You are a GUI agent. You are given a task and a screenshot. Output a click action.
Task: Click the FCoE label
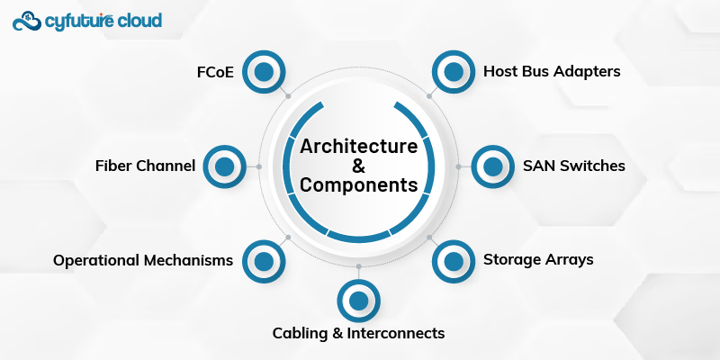pyautogui.click(x=215, y=71)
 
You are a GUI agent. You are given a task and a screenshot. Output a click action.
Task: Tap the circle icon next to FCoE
pyautogui.click(x=264, y=71)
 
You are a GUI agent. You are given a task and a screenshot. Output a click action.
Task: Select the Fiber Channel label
pyautogui.click(x=145, y=166)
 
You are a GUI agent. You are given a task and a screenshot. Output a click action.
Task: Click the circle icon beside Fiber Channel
pyautogui.click(x=224, y=166)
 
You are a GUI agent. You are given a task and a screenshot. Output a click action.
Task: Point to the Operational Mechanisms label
pyautogui.click(x=143, y=260)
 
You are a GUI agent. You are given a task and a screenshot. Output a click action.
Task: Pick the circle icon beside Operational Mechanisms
pyautogui.click(x=264, y=261)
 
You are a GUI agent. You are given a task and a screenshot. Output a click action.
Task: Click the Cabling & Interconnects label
pyautogui.click(x=358, y=333)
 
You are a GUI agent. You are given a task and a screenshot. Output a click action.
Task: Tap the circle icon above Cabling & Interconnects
pyautogui.click(x=358, y=301)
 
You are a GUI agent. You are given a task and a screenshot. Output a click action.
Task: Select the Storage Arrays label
pyautogui.click(x=538, y=260)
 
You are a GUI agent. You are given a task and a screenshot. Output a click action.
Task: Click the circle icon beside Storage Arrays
pyautogui.click(x=454, y=261)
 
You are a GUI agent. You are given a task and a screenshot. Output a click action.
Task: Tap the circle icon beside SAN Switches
pyautogui.click(x=493, y=166)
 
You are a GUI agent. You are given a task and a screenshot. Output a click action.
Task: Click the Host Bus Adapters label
pyautogui.click(x=552, y=71)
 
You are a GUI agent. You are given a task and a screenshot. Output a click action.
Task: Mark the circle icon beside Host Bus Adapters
pyautogui.click(x=454, y=71)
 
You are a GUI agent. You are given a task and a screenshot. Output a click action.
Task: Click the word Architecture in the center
pyautogui.click(x=358, y=146)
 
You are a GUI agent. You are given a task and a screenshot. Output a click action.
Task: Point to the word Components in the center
pyautogui.click(x=358, y=185)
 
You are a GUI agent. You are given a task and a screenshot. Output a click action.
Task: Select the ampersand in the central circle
pyautogui.click(x=358, y=166)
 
